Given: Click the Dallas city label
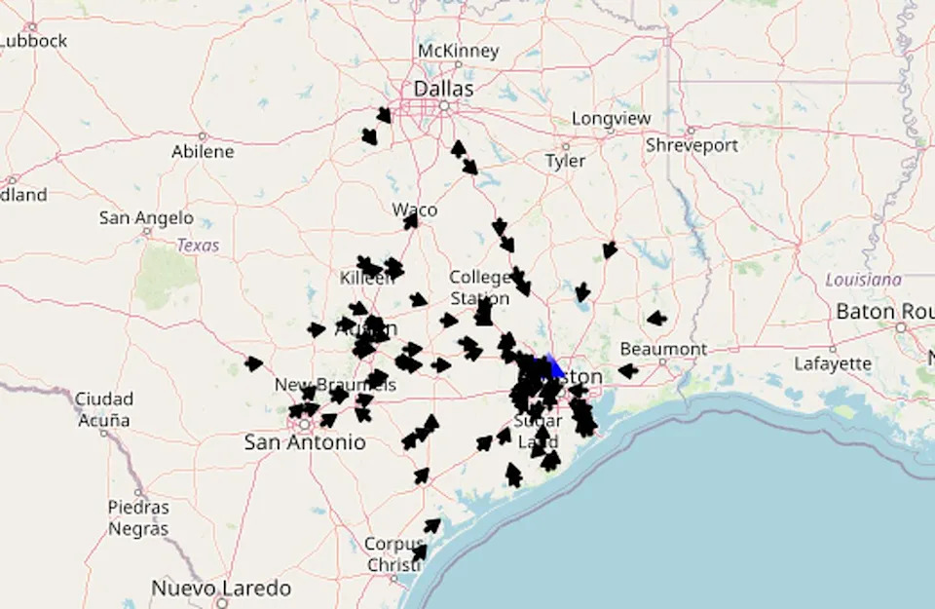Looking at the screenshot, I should [x=443, y=89].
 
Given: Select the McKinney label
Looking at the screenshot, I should [x=458, y=51].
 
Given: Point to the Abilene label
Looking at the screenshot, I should [x=203, y=151].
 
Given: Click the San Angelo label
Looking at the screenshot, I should [x=146, y=218].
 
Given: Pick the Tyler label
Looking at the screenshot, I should [x=565, y=161].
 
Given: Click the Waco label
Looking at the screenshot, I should [x=415, y=209].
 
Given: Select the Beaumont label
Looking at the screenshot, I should [x=663, y=349].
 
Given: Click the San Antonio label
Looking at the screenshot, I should [x=305, y=442].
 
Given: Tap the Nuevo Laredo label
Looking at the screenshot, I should [x=221, y=589].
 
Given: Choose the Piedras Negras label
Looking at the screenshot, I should [x=138, y=518].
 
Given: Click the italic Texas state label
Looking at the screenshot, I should [x=198, y=246].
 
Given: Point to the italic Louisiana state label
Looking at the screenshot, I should [x=863, y=280].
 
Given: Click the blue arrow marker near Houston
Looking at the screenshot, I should [x=555, y=366].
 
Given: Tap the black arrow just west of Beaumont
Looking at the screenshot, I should [x=628, y=370].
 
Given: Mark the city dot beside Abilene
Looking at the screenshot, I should [x=203, y=136].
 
